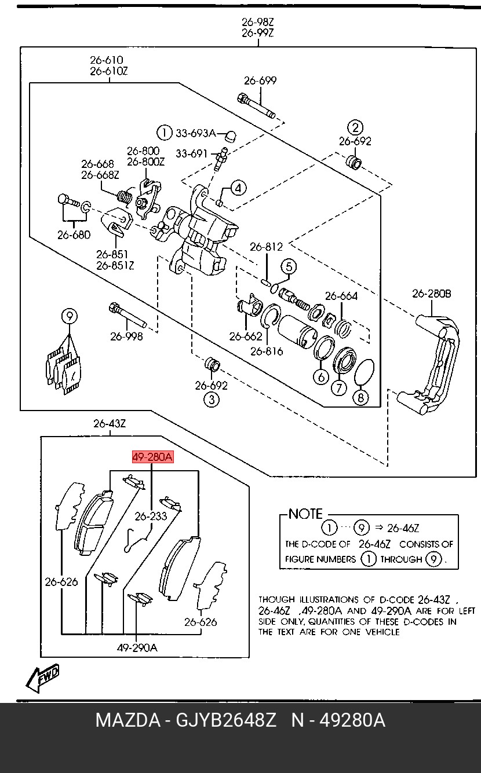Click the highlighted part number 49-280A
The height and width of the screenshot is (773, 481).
pos(152,457)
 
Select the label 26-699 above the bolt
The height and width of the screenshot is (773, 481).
pos(260,80)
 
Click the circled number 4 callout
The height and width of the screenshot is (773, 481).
pos(238,188)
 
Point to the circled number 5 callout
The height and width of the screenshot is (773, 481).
pos(289,266)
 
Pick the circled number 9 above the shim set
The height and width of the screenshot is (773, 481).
pos(70,316)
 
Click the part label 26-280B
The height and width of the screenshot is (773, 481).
pos(431,294)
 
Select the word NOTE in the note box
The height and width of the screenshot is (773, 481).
pos(305,514)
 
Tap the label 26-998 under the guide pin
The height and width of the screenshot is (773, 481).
pos(126,336)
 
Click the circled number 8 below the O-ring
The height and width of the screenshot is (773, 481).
pos(360,398)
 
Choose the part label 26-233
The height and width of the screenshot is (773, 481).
pos(151,516)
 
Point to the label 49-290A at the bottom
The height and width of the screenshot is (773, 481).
pos(137,648)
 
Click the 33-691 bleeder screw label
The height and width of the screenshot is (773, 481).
pos(191,153)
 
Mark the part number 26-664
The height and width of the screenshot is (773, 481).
pos(341,296)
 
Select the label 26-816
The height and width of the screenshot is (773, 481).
pos(267,351)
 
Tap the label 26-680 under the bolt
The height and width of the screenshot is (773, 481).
pos(74,235)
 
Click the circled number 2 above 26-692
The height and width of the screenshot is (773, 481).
pos(355,128)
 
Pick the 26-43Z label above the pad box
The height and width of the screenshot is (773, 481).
pos(110,423)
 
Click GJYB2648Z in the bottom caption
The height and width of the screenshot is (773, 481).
pos(226,720)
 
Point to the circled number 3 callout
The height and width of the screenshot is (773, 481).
pos(212,400)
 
